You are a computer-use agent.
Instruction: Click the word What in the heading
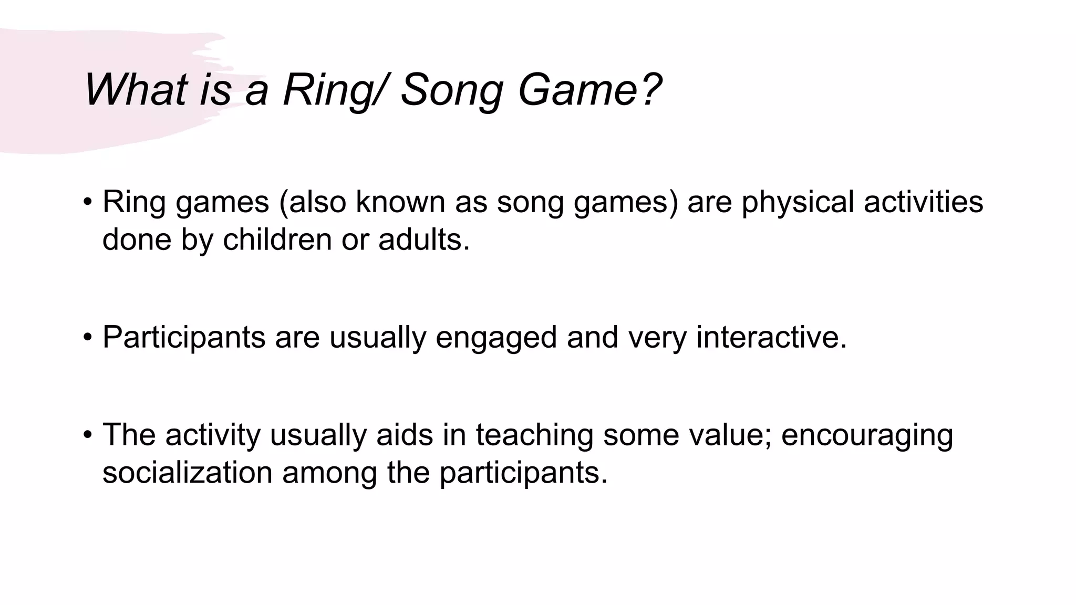[x=136, y=90]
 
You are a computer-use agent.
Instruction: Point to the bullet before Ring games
[x=88, y=202]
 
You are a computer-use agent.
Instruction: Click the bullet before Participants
[x=88, y=337]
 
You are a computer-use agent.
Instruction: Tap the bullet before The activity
[x=88, y=435]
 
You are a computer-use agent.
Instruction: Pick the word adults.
[x=423, y=239]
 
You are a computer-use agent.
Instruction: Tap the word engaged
[x=496, y=337]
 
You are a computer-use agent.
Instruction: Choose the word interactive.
[x=771, y=337]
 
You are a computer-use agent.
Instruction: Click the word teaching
[x=534, y=435]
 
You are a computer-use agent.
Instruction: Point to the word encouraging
[x=867, y=435]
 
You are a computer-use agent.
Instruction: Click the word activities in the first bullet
[x=923, y=202]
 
